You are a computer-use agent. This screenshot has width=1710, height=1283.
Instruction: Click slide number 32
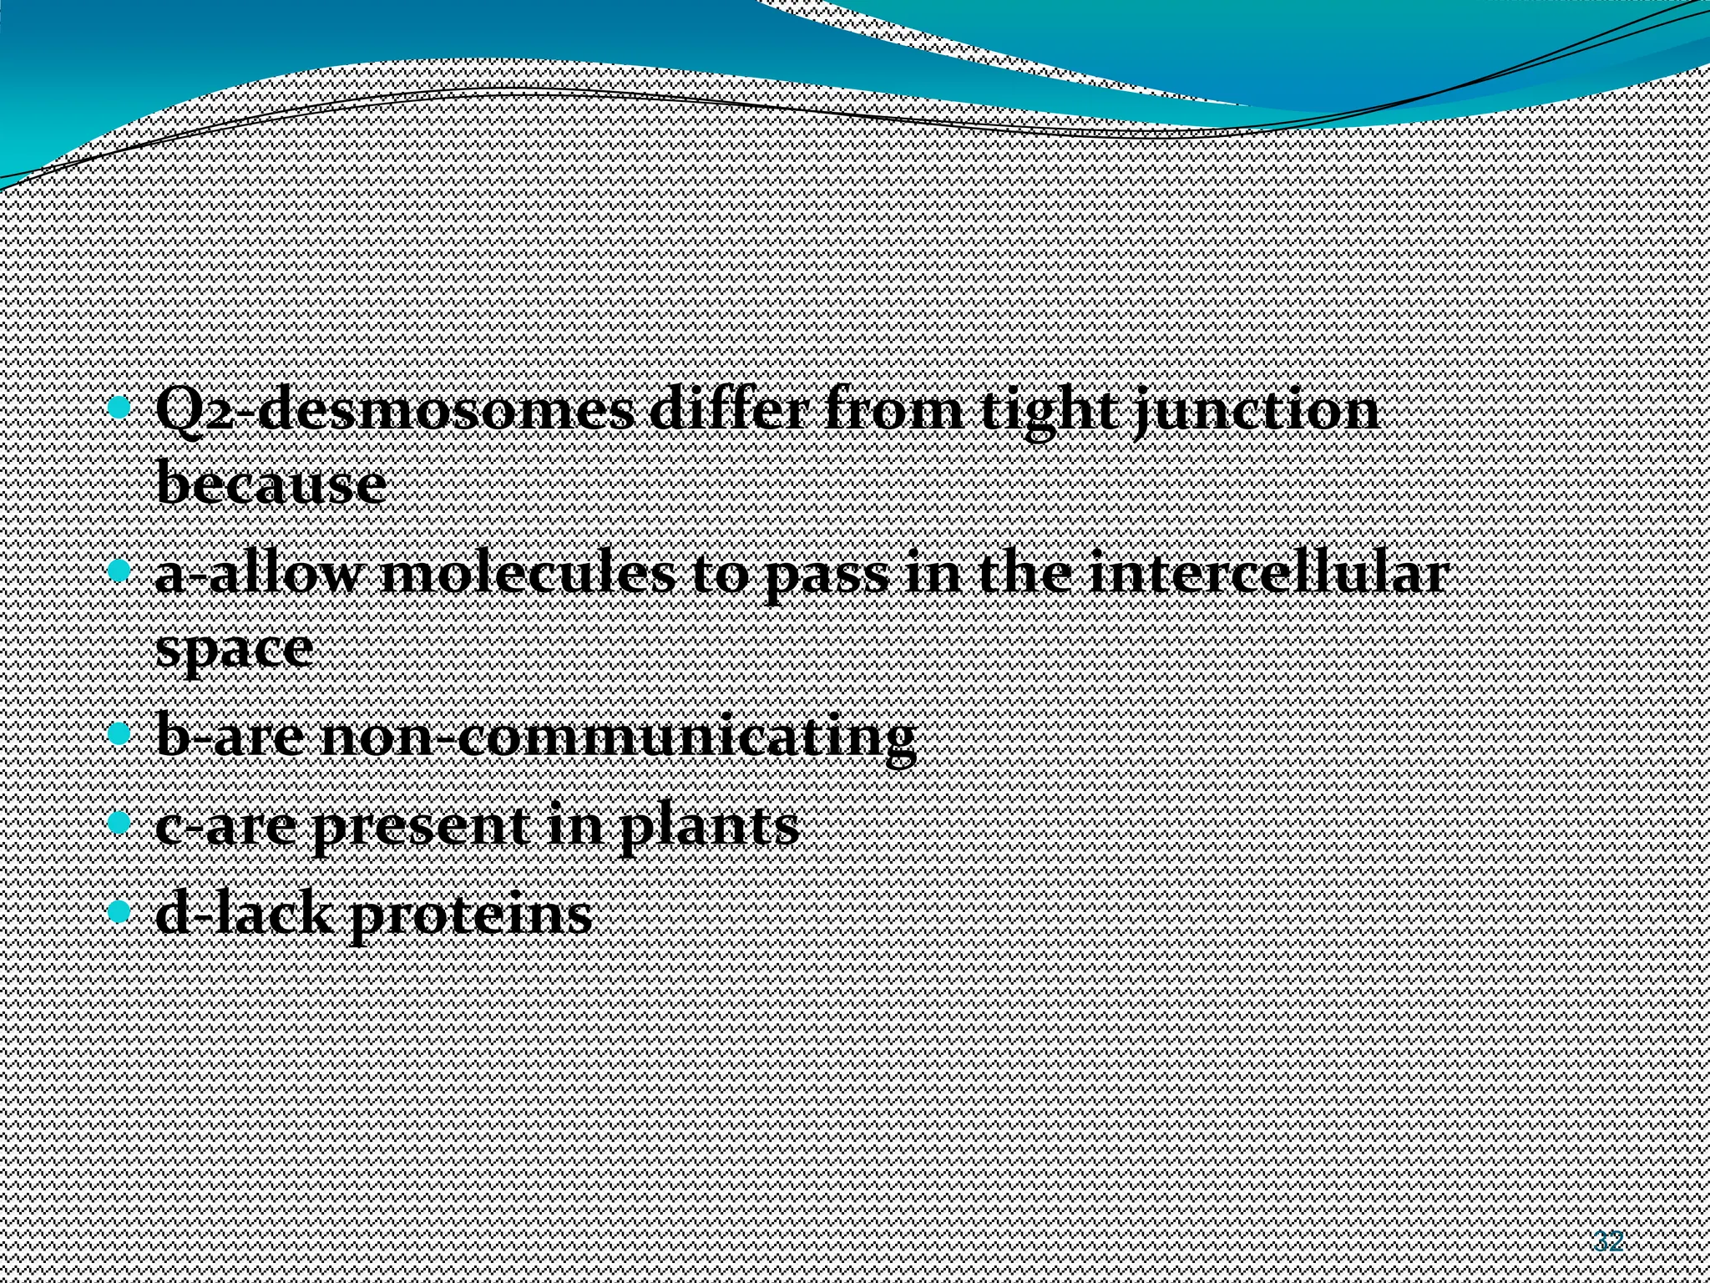point(1607,1241)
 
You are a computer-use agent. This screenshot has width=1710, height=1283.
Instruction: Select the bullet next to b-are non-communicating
point(121,734)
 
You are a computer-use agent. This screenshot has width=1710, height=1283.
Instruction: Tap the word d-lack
point(245,914)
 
